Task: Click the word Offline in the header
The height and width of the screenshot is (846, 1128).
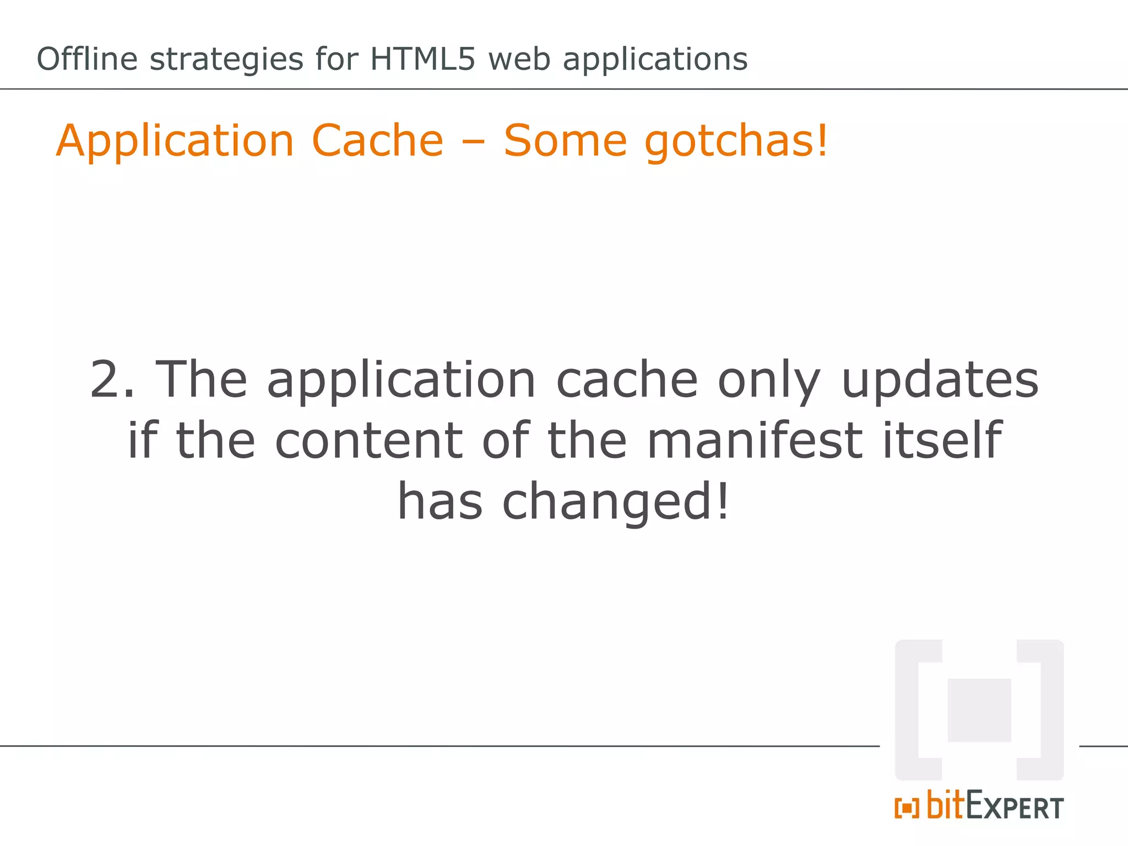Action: click(x=87, y=59)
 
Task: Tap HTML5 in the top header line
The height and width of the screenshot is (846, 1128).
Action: click(x=422, y=59)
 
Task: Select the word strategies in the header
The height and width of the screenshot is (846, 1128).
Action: click(x=226, y=60)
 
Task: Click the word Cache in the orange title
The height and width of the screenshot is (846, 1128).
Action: click(x=377, y=140)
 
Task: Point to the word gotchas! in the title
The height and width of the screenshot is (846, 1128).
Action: click(x=736, y=142)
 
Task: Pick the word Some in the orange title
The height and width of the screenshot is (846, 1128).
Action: click(x=565, y=140)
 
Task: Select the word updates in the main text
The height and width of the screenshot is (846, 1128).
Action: click(x=940, y=380)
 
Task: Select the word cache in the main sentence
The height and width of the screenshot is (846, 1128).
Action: click(x=627, y=380)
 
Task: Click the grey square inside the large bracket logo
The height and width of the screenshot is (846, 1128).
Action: click(x=979, y=710)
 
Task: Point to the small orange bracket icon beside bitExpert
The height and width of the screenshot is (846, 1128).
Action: click(x=907, y=809)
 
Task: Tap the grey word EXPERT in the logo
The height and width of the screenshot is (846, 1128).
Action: click(x=1015, y=806)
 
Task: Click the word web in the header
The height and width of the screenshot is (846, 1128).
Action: click(x=519, y=59)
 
